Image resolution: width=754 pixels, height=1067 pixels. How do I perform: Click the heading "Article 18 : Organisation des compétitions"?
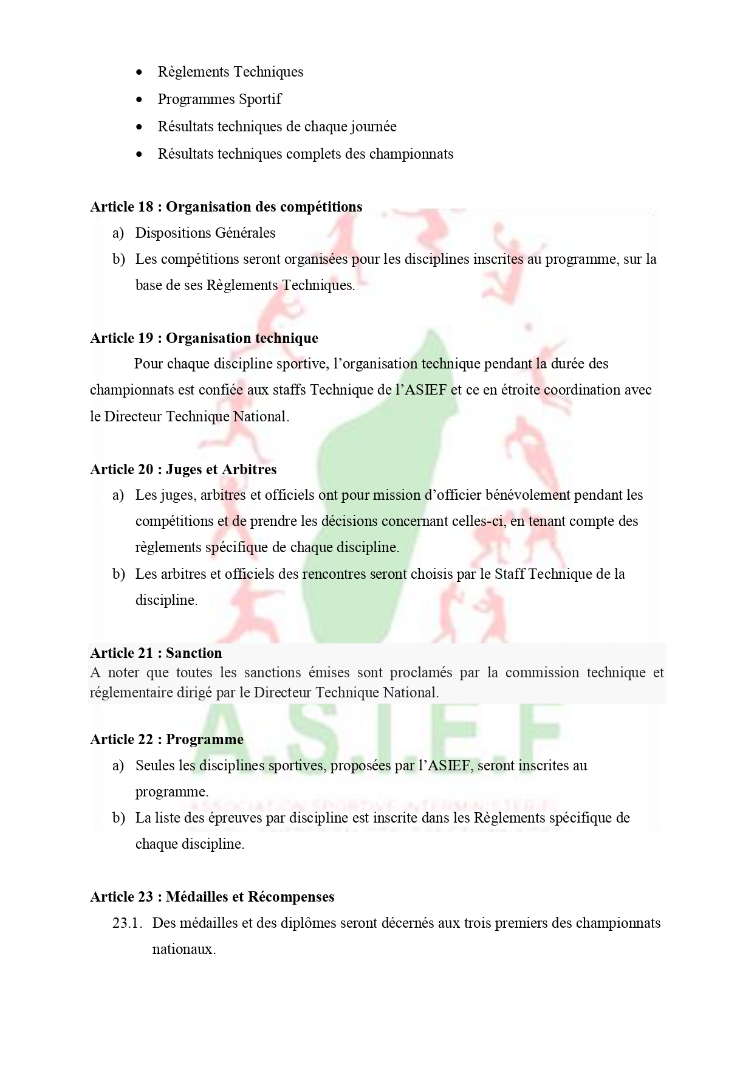pos(226,207)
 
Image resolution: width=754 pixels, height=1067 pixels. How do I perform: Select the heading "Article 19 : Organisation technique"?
pos(204,338)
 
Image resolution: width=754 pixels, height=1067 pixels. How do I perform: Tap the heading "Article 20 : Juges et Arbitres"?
pos(183,469)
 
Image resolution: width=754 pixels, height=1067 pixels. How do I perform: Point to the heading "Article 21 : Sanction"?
pos(156,653)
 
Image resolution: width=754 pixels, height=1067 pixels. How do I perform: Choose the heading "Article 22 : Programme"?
pos(167,739)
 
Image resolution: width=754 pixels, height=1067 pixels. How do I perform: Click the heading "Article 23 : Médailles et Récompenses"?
pos(213,897)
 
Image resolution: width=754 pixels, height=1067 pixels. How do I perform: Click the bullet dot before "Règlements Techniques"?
pos(140,72)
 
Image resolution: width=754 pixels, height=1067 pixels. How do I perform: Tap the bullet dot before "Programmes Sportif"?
pos(140,100)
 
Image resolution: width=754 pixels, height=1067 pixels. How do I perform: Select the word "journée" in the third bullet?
pos(373,127)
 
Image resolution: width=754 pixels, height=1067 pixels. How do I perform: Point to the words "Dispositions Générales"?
pos(205,233)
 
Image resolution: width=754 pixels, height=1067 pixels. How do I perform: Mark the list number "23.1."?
pos(127,923)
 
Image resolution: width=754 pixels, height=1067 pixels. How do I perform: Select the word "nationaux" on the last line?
pos(182,949)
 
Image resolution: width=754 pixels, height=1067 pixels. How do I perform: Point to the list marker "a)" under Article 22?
pos(118,765)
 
